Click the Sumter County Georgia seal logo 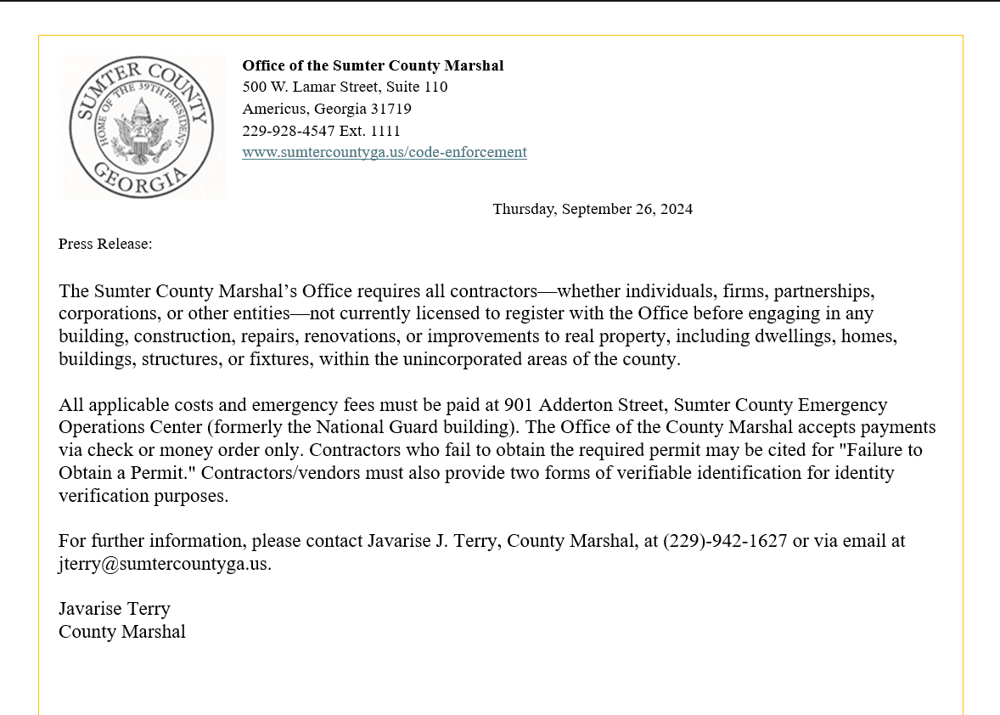141,127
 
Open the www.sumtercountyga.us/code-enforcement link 384,153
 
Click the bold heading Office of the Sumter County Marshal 373,65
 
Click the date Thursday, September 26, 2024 593,209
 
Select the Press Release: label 105,245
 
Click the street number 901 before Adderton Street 519,405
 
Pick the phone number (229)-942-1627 725,541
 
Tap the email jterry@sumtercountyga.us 165,564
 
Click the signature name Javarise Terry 115,609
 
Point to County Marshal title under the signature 122,632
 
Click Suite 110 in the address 417,87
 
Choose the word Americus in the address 274,109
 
